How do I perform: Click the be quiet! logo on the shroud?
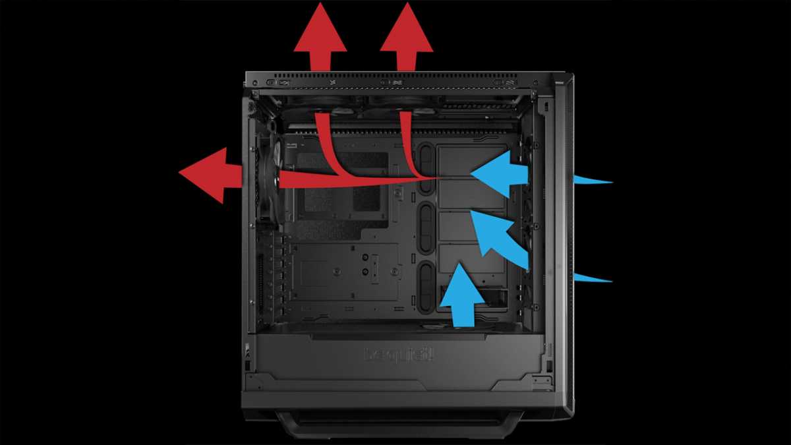(x=399, y=354)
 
